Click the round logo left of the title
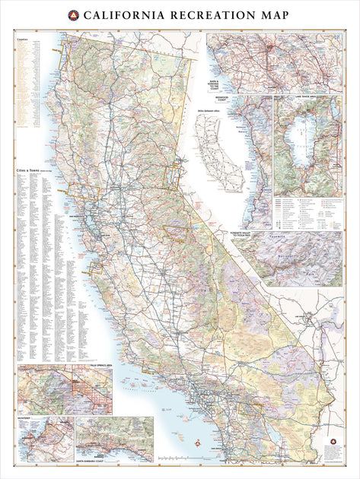[73, 14]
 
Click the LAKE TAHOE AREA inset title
[307, 97]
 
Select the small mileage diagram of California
[221, 152]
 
